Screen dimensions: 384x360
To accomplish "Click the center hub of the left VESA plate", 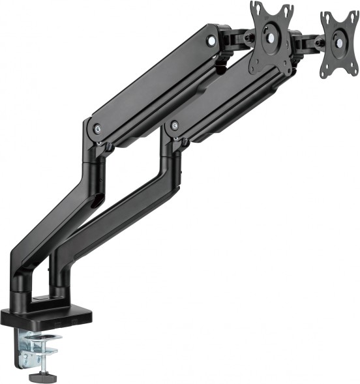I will (270, 37).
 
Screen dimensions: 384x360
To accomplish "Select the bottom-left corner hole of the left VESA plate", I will (256, 65).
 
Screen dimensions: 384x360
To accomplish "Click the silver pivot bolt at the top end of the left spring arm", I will (211, 40).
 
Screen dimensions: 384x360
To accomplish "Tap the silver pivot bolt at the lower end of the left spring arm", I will (97, 128).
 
